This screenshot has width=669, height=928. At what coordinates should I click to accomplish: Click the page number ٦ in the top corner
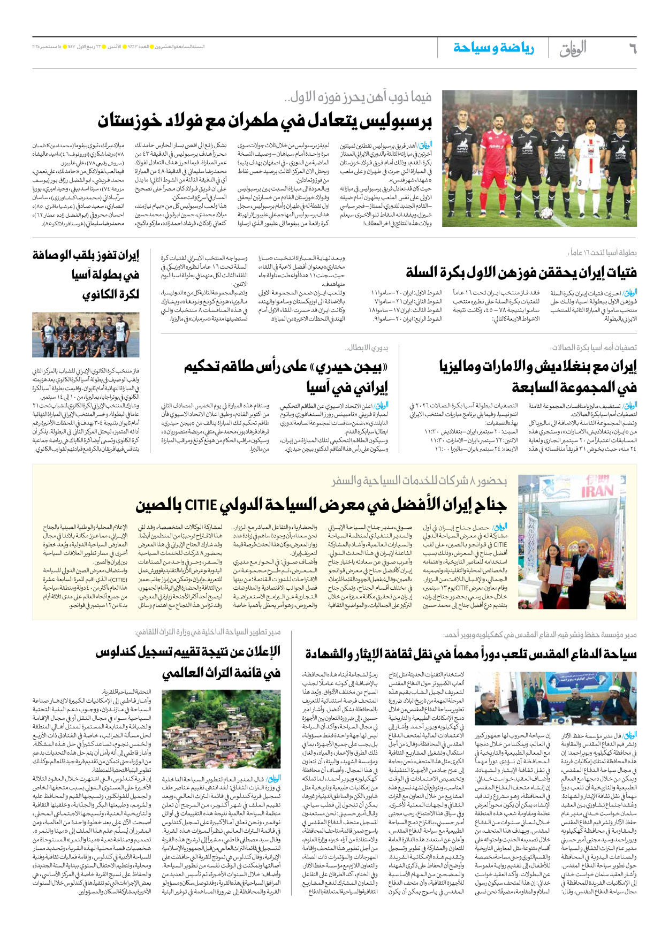pyautogui.click(x=632, y=49)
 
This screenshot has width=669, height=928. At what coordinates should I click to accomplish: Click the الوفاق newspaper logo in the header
pyautogui.click(x=573, y=49)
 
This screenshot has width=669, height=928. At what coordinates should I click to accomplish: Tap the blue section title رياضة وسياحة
pyautogui.click(x=493, y=48)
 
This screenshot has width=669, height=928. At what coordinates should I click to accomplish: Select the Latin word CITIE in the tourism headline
pyautogui.click(x=200, y=505)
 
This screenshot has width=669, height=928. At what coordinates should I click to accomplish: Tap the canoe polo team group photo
pyautogui.click(x=86, y=334)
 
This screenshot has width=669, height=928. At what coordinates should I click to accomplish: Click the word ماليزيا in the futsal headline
pyautogui.click(x=460, y=367)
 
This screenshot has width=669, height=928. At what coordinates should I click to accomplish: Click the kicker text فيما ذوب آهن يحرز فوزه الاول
pyautogui.click(x=358, y=97)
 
